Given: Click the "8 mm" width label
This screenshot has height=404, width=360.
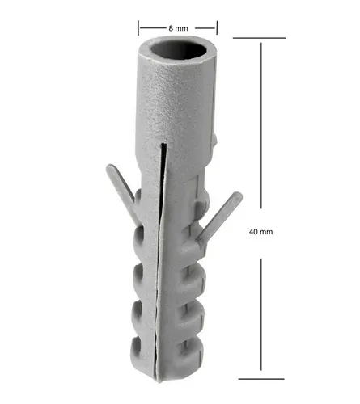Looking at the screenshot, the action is (178, 28).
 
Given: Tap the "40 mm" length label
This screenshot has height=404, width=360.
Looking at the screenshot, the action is (260, 232).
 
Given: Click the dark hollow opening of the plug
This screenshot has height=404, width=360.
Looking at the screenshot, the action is (178, 49).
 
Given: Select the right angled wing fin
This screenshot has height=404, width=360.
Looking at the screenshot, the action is (219, 217).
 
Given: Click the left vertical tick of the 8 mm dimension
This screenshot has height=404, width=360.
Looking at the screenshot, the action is (138, 27).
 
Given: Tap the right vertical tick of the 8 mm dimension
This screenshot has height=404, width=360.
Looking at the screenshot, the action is (217, 27).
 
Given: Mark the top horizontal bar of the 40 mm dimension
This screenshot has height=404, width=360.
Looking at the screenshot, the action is (259, 38).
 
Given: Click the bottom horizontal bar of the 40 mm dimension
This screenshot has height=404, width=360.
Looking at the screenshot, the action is (261, 379).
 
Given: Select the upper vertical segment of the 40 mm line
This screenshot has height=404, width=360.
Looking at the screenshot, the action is (261, 125).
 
